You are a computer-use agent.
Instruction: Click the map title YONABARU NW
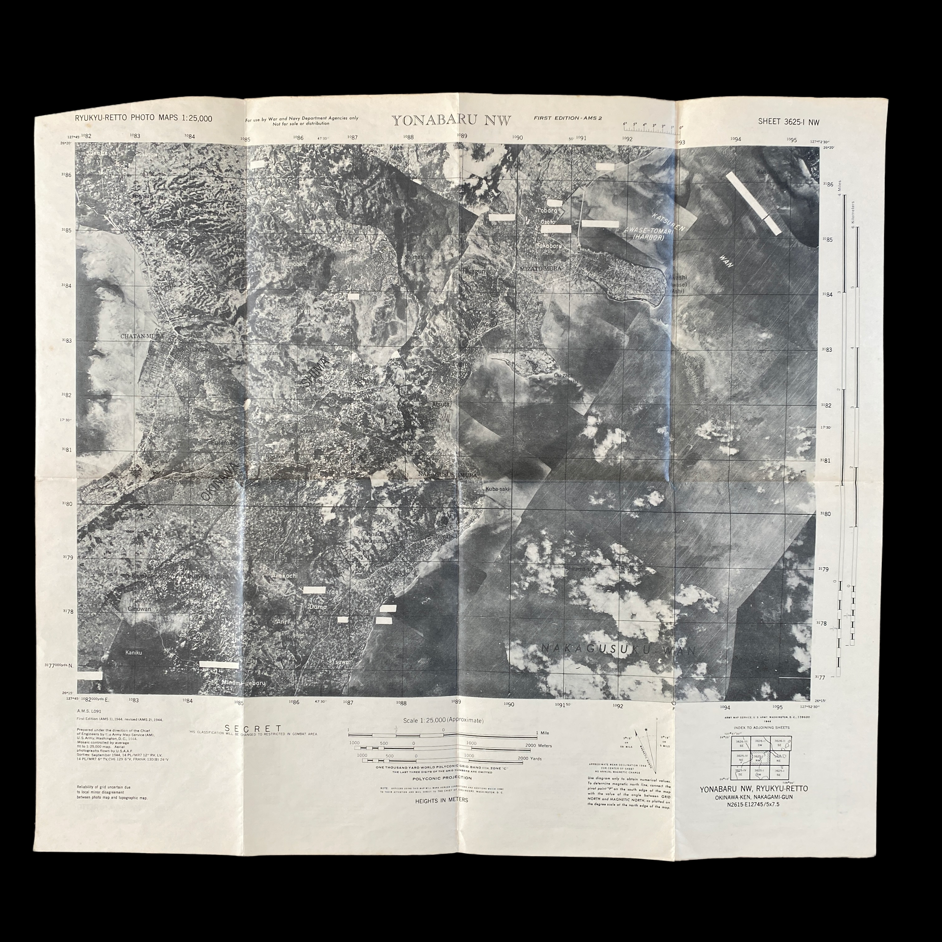point(451,120)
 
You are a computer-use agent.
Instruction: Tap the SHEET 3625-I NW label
point(789,122)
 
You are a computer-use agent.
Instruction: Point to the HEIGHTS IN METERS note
point(441,800)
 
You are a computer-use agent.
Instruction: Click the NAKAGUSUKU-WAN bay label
point(618,649)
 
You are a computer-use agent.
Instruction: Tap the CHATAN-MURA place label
point(142,336)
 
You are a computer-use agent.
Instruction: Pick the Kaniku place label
point(133,652)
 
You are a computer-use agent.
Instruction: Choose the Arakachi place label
point(284,576)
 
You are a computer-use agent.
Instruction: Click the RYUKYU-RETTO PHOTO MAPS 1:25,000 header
point(143,119)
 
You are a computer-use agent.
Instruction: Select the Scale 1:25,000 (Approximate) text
point(443,721)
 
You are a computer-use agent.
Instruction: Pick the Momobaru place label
point(294,264)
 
